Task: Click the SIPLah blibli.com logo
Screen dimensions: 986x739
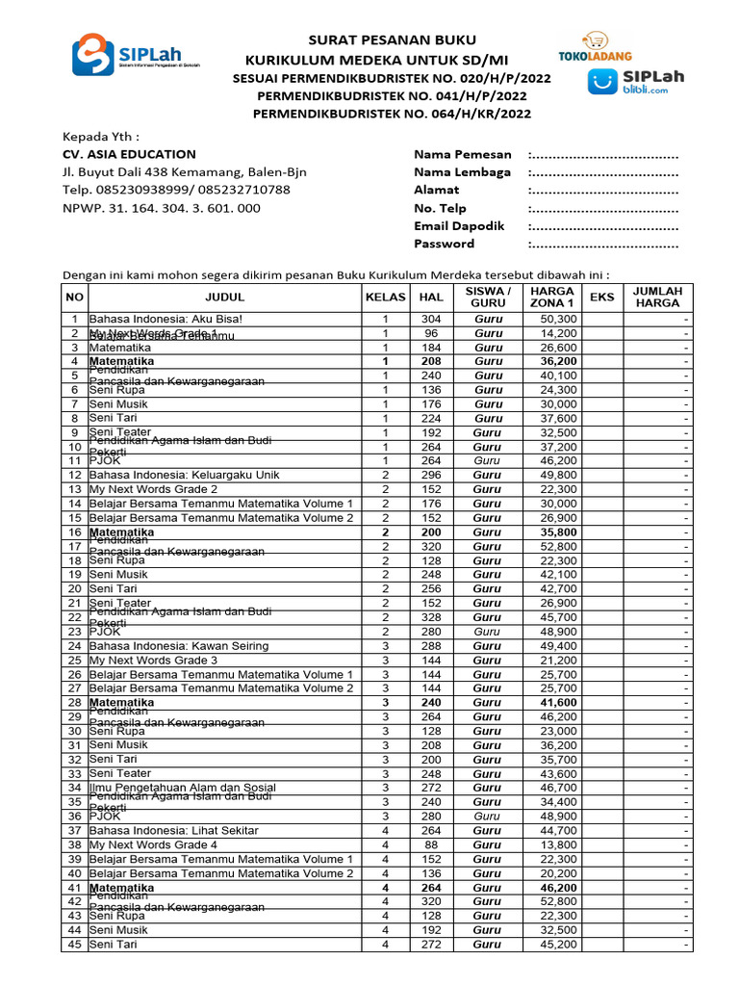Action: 637,82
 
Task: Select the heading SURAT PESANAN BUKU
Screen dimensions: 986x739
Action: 392,39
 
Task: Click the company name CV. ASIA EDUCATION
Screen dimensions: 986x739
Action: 129,154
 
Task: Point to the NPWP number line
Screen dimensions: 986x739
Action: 161,208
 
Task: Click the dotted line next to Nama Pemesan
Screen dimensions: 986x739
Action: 603,154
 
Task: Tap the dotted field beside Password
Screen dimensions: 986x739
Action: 603,244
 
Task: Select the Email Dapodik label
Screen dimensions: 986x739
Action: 459,225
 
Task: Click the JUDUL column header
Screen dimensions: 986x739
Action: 224,298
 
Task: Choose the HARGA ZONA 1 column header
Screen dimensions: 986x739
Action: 551,298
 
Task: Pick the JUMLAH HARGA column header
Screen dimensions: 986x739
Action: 657,298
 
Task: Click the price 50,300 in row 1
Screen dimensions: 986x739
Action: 558,319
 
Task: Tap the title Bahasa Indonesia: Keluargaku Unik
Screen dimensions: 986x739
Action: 184,475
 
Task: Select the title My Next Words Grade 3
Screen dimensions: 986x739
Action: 153,661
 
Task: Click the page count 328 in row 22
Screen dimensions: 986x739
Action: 430,617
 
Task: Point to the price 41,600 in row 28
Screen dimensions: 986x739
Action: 558,703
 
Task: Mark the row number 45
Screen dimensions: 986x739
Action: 74,945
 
